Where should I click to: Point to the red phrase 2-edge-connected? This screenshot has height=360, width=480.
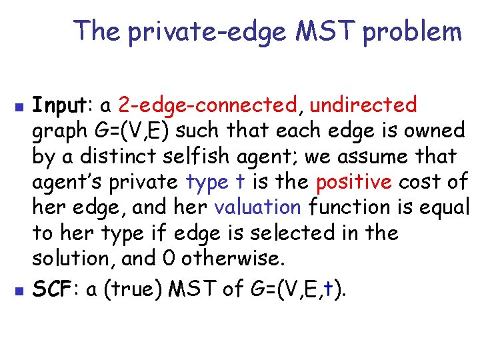coord(207,105)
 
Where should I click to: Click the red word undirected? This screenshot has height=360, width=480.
coord(364,105)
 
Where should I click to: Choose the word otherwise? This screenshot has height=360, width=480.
coord(231,258)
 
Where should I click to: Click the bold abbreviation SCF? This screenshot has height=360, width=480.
coord(53,289)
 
